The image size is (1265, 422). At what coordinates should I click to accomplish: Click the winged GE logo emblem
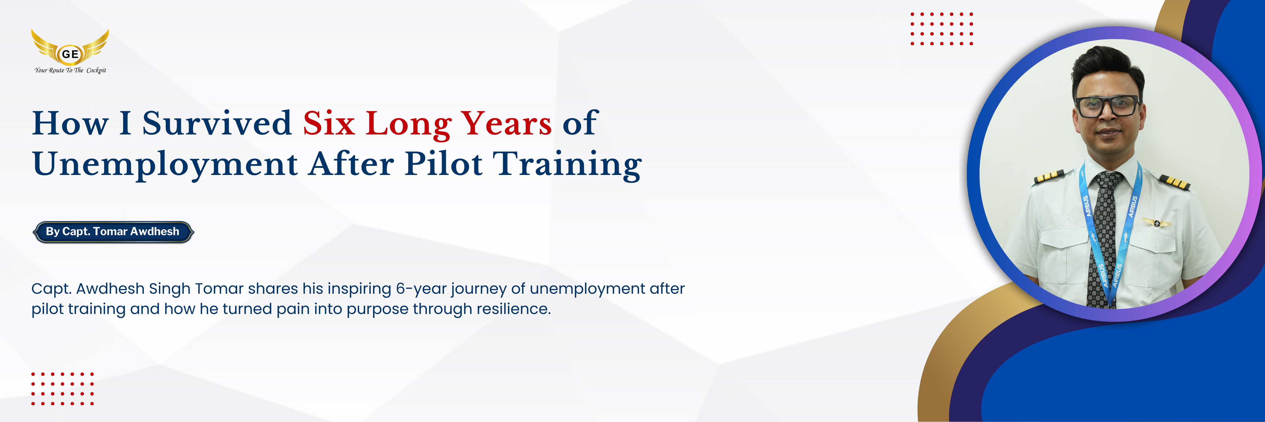tap(70, 47)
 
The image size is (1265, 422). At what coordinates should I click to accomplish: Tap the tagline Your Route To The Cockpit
tap(70, 70)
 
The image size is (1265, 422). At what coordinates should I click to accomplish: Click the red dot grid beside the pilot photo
tap(941, 29)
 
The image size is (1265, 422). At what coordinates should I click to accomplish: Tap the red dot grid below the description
tap(62, 389)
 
